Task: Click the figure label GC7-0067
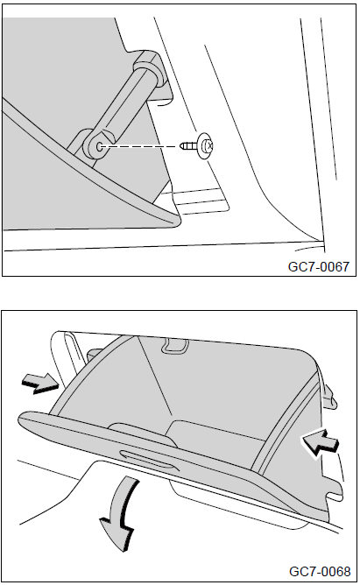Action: click(319, 266)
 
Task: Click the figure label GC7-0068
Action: click(320, 572)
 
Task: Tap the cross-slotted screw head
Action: click(210, 146)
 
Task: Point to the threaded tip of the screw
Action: click(182, 145)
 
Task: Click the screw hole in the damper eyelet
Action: click(100, 146)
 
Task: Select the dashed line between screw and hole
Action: click(139, 146)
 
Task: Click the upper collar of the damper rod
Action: click(150, 66)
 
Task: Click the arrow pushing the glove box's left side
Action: click(40, 384)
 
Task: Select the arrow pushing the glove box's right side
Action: click(320, 442)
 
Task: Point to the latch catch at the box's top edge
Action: click(173, 345)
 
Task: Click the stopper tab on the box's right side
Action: click(329, 397)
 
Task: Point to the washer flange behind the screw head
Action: click(204, 146)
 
